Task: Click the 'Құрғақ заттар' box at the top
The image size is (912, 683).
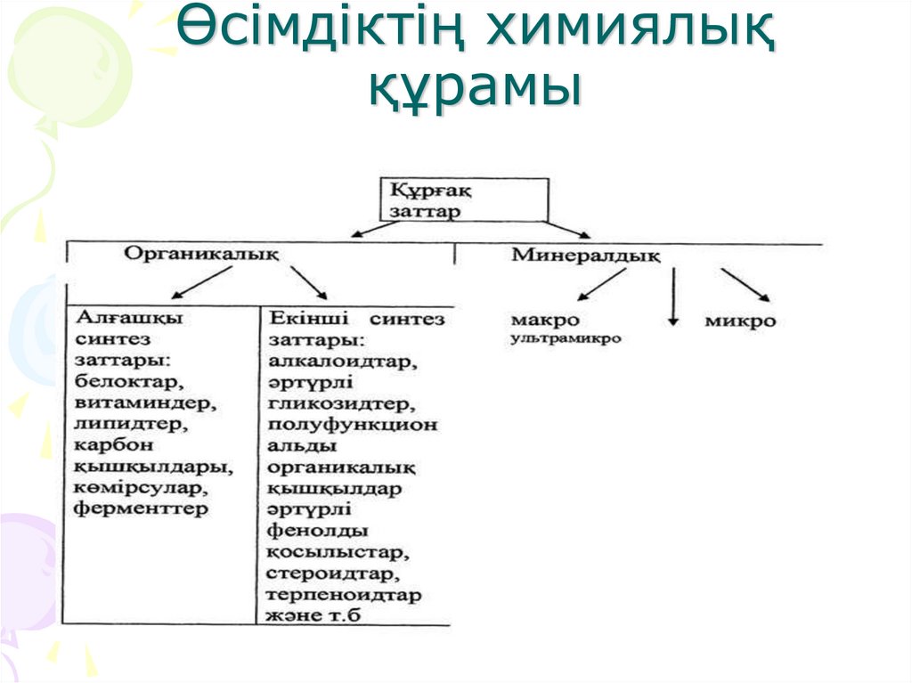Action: pos(466,199)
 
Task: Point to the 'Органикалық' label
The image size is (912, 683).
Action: pos(200,254)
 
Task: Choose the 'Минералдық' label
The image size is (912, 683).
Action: pos(585,256)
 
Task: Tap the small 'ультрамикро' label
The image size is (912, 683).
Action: pos(566,339)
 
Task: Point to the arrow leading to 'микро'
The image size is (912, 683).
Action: pos(745,285)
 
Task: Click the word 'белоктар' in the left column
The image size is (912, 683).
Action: pos(129,383)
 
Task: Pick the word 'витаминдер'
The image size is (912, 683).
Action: pos(145,403)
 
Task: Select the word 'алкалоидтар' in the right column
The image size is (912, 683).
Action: pos(342,362)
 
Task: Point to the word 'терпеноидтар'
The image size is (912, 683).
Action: pos(344,595)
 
